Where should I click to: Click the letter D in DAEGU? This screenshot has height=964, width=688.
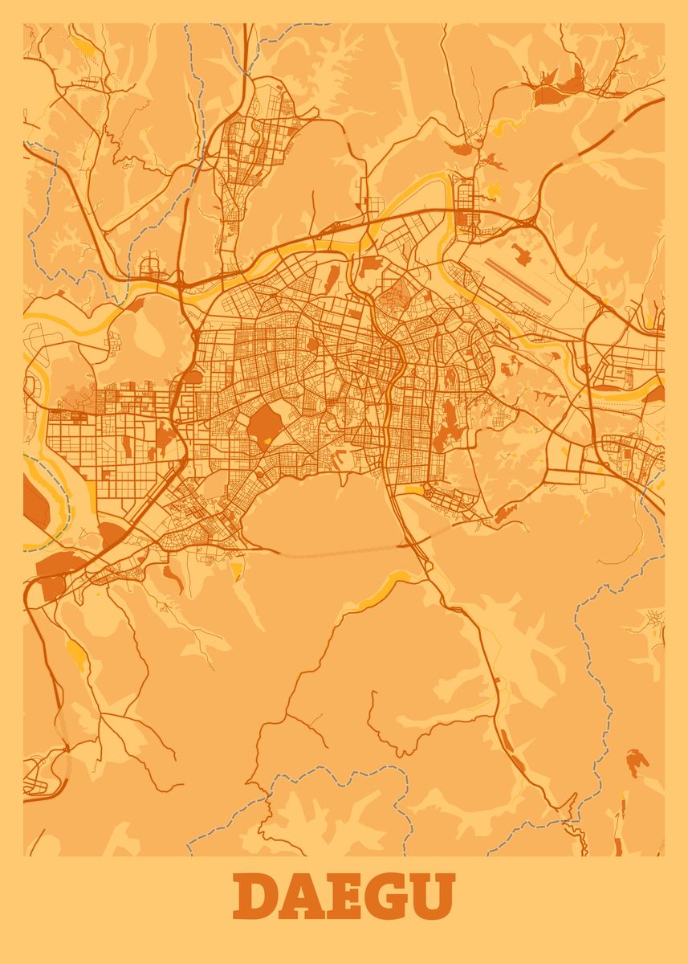click(x=256, y=897)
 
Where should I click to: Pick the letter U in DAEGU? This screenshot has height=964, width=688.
click(x=434, y=897)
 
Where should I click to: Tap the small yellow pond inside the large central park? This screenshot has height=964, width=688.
click(x=267, y=441)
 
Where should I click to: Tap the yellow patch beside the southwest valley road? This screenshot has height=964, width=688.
click(x=77, y=655)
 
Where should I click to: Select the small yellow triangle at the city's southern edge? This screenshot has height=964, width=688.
click(x=237, y=570)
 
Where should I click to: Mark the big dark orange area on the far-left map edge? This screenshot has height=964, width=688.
click(x=34, y=502)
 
